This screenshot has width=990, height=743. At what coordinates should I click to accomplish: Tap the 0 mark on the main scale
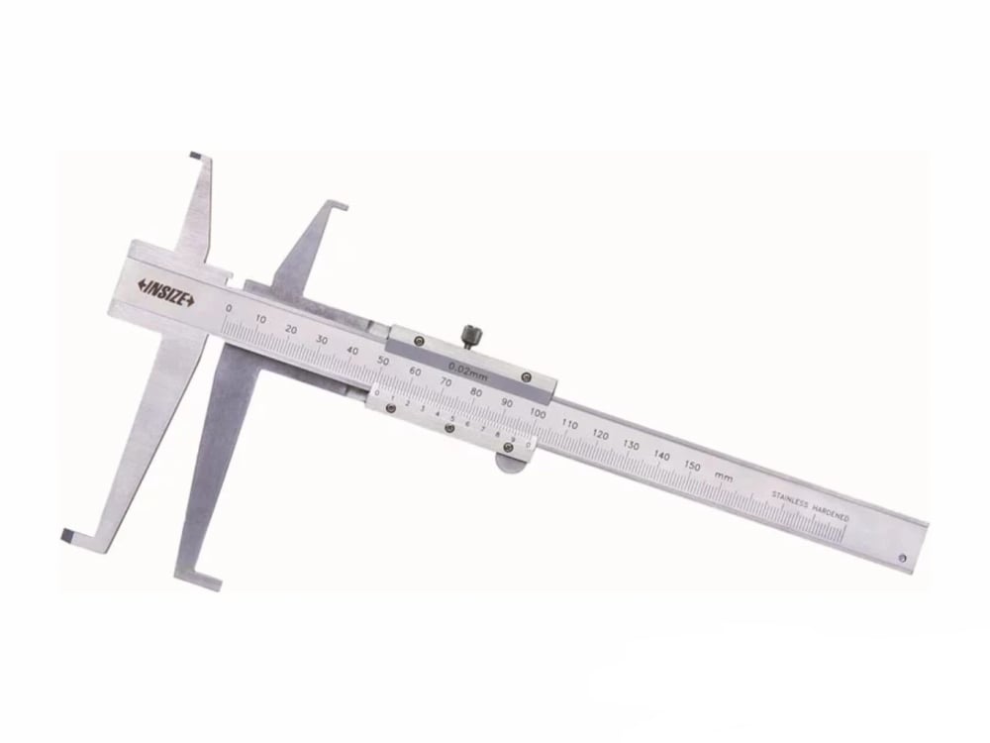230,308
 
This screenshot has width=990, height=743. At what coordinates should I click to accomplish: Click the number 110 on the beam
568,424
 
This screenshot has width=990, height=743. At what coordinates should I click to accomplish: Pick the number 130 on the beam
631,445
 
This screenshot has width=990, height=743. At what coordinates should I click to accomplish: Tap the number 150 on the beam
692,466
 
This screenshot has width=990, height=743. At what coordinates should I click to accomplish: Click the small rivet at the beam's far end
904,557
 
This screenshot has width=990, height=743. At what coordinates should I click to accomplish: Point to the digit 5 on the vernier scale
451,417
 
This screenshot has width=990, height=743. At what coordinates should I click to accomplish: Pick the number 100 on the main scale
538,413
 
